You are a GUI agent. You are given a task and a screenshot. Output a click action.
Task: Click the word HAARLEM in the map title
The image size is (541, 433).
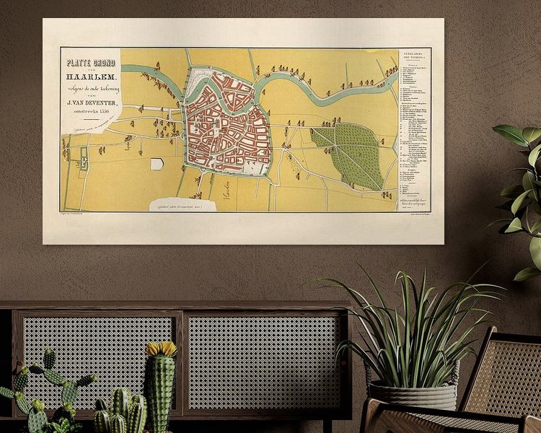click(x=91, y=76)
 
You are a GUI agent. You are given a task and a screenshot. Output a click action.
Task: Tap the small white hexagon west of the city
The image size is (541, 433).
click(x=157, y=164)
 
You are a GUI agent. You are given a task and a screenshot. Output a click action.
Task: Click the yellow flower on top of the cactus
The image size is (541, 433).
click(x=162, y=349)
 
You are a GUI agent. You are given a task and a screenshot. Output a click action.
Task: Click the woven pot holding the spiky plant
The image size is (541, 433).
click(x=415, y=395)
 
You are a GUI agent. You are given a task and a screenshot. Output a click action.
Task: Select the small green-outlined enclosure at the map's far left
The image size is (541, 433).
click(x=82, y=158)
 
